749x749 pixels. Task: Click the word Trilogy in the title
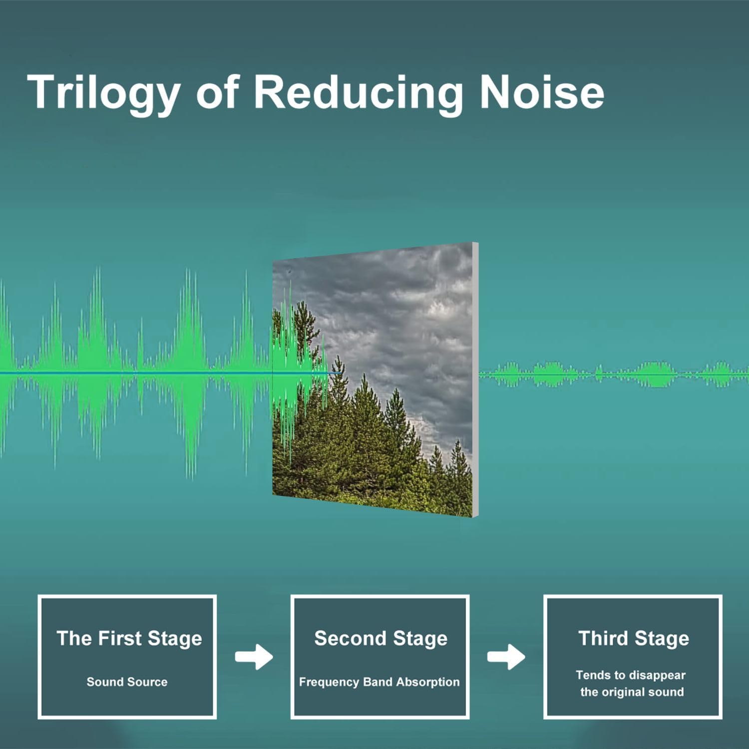point(104,93)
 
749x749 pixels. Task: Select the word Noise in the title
point(542,92)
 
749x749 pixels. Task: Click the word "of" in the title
point(218,92)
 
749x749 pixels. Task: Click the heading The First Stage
point(129,638)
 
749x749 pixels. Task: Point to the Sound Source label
point(127,682)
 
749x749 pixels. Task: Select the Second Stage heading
point(380,638)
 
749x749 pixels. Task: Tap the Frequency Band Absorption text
point(379,682)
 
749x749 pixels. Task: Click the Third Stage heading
point(634,638)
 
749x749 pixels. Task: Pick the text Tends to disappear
point(631,675)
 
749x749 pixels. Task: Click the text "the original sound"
point(632,692)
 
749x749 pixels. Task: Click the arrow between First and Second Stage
point(254,657)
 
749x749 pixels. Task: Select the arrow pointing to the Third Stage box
point(506,657)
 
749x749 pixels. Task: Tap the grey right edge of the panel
point(475,379)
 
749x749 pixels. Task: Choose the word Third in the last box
point(603,638)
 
